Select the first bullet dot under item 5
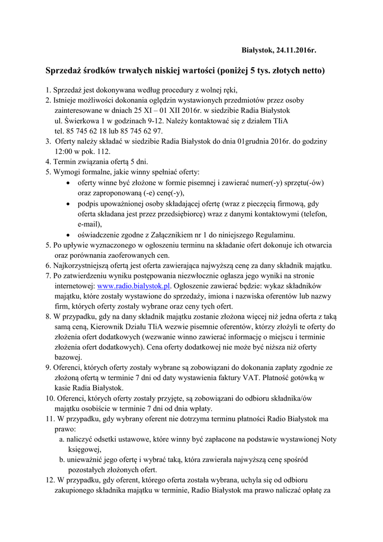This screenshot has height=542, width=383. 71,183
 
